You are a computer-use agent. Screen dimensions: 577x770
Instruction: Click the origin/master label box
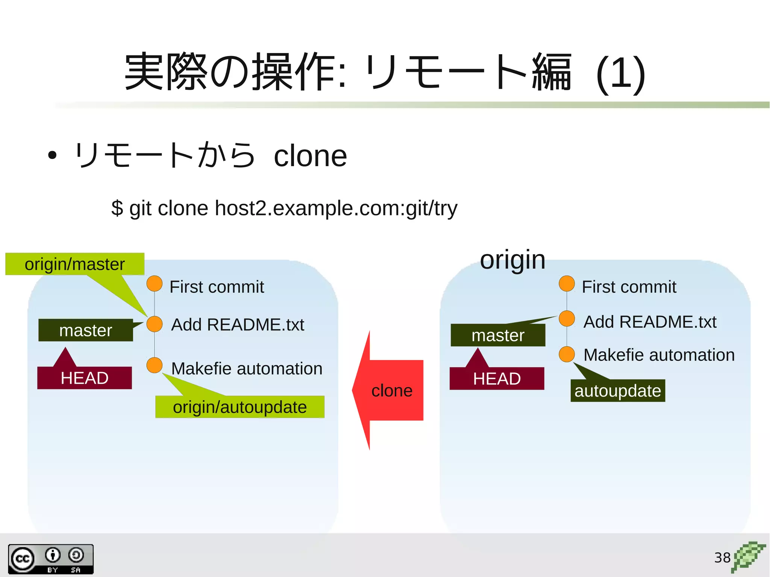click(x=75, y=264)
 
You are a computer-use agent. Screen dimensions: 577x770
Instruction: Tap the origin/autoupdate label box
click(x=240, y=407)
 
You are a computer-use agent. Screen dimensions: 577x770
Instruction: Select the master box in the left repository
click(x=86, y=330)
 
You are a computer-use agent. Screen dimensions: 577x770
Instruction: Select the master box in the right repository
click(x=498, y=335)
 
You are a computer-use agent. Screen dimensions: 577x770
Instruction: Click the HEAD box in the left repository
click(x=85, y=378)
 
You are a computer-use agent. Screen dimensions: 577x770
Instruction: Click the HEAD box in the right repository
click(x=497, y=379)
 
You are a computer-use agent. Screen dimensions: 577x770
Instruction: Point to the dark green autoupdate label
click(x=617, y=391)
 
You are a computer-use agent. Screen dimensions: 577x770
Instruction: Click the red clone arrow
click(x=391, y=390)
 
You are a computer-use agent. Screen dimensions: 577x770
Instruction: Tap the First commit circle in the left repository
click(x=155, y=283)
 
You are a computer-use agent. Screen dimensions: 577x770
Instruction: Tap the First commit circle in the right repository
click(x=567, y=283)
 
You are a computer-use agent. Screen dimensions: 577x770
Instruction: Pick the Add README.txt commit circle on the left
click(x=155, y=324)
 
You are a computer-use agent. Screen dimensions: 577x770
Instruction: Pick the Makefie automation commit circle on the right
click(x=567, y=354)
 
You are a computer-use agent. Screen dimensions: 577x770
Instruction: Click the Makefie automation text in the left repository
click(x=247, y=368)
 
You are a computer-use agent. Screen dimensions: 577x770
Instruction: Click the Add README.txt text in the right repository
click(x=650, y=322)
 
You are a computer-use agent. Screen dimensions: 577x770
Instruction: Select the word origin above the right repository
click(x=512, y=260)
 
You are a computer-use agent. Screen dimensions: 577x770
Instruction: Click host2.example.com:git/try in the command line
click(x=336, y=208)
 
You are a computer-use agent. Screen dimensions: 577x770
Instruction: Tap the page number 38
click(x=722, y=557)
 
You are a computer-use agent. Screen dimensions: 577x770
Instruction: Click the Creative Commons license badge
click(x=51, y=559)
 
